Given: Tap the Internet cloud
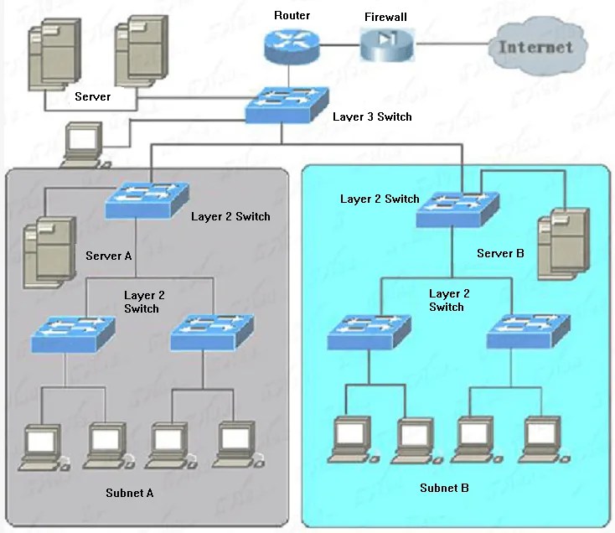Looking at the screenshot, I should tap(536, 46).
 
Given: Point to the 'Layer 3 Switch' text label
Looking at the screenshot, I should tap(372, 116).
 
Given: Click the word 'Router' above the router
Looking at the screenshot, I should tap(292, 15).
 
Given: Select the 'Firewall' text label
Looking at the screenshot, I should tap(385, 16).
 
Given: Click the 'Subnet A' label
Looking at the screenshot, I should tap(130, 493).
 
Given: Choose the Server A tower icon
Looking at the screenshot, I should tap(44, 251).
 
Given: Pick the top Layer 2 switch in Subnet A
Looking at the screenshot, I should tap(146, 200).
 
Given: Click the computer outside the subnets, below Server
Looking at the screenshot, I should tap(84, 145).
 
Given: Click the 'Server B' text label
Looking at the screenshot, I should tap(500, 253).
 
